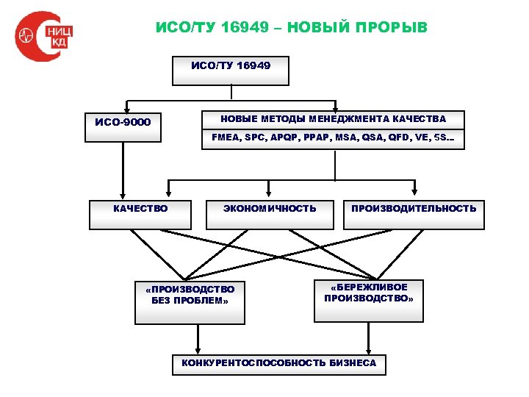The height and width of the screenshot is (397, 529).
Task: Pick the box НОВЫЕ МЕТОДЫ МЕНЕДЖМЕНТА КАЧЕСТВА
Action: [333, 119]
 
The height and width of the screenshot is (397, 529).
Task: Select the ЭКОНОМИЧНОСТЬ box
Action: [270, 214]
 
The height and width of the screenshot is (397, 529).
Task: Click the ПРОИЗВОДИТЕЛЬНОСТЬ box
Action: [414, 214]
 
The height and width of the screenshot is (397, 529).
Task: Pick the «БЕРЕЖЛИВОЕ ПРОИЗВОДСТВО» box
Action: [369, 299]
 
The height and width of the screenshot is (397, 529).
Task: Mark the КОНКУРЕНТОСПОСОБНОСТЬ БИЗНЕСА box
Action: [278, 363]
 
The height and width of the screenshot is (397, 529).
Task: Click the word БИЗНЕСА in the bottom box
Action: [353, 363]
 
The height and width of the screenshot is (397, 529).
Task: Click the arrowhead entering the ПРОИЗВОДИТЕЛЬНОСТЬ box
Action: [414, 195]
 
